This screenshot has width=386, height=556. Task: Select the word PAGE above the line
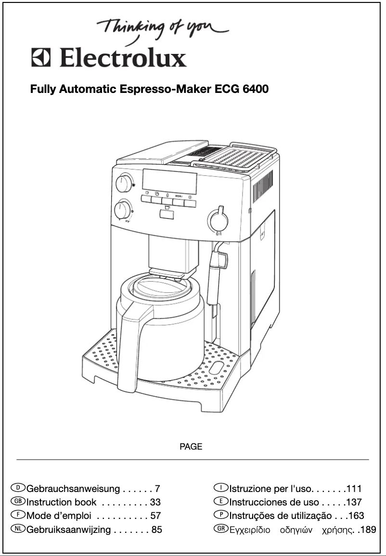191,447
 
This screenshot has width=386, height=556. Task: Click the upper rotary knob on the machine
124,183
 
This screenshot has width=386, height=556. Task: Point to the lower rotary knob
124,210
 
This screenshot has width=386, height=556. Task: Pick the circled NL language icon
21,530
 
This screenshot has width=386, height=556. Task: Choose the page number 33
155,502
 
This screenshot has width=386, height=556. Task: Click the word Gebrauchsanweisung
73,489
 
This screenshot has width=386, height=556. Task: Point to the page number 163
356,516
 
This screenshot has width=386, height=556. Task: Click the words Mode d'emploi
59,516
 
